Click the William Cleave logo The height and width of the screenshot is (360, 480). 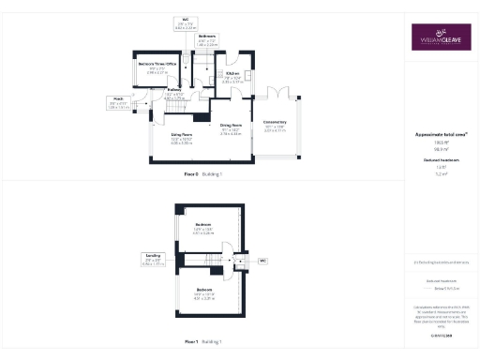point(441,38)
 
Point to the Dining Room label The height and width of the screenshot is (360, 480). point(231,129)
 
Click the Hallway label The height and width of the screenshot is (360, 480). point(174,94)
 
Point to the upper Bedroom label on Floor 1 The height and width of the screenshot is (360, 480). point(203,227)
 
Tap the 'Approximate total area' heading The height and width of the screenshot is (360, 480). point(441,135)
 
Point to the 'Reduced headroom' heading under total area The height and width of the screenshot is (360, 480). point(441,159)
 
